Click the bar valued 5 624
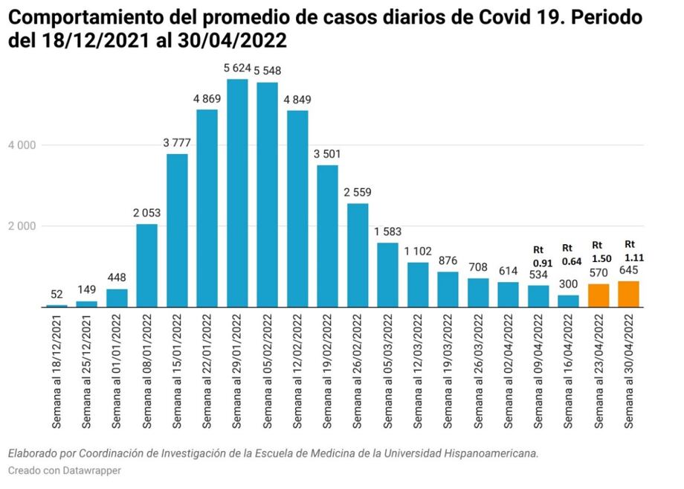tap(237, 194)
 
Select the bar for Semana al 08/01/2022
tap(147, 266)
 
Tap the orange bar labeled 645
tap(628, 294)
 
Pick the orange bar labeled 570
tap(598, 295)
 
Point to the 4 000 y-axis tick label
tap(22, 145)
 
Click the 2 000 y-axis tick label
tap(22, 226)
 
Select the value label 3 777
tap(177, 142)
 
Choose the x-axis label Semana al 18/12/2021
tap(57, 370)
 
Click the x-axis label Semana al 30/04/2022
tap(629, 370)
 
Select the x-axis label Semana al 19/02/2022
tap(328, 370)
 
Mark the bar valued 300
tap(569, 301)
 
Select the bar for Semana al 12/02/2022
tap(297, 209)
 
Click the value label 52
tap(57, 293)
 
